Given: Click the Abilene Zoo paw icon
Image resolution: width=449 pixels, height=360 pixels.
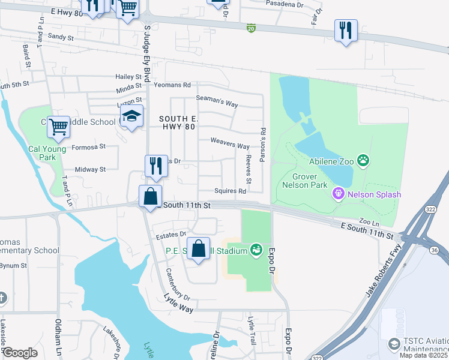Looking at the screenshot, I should pyautogui.click(x=363, y=160).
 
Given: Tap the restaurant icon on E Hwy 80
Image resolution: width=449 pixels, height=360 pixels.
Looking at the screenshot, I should pyautogui.click(x=346, y=30).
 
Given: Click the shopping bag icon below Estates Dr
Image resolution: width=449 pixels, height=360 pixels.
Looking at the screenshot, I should pyautogui.click(x=199, y=248).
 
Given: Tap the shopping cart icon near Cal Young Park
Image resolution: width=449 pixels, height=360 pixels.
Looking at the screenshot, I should pyautogui.click(x=58, y=127).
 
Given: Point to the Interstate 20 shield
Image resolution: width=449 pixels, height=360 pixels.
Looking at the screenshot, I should pyautogui.click(x=251, y=28).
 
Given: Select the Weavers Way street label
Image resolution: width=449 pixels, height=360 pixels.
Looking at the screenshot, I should pyautogui.click(x=230, y=146).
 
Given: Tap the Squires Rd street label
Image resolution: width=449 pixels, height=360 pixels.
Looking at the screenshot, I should pyautogui.click(x=231, y=191).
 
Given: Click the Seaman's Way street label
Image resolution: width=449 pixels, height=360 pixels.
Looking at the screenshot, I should pyautogui.click(x=217, y=101).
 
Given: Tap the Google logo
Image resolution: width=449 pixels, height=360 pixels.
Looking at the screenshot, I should pyautogui.click(x=20, y=353).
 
